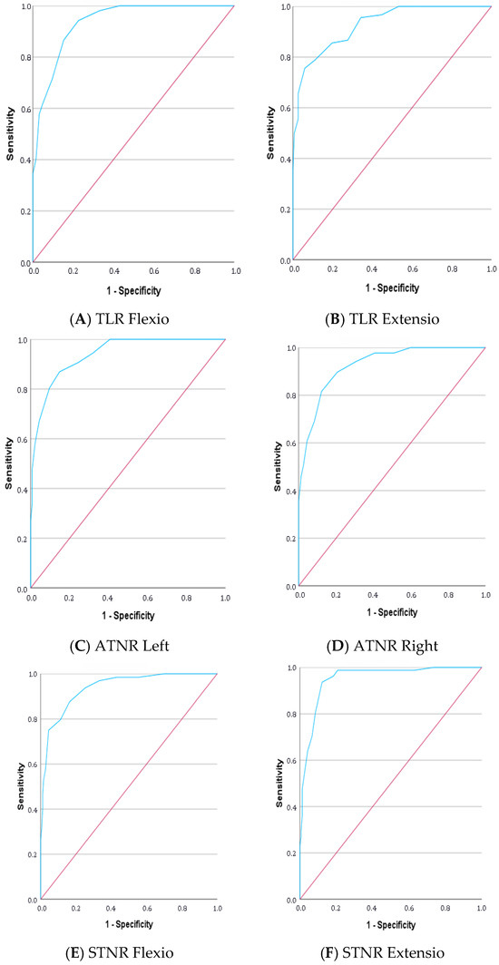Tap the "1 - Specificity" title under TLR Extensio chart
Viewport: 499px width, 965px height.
[x=391, y=289]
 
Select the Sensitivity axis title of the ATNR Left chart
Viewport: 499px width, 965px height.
[x=9, y=464]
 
